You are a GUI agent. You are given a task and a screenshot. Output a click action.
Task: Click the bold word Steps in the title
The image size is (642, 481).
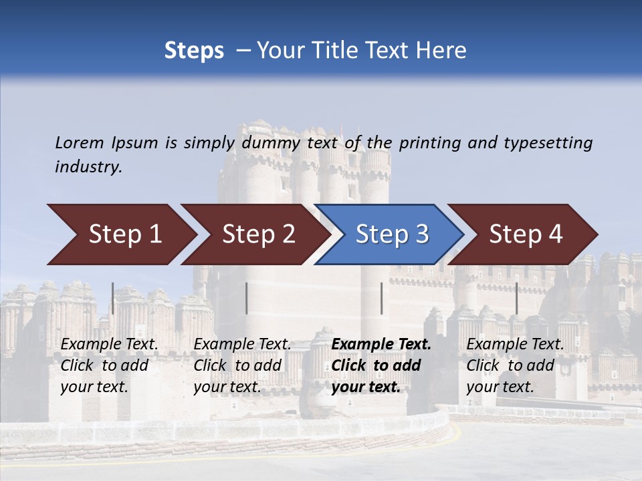[194, 51]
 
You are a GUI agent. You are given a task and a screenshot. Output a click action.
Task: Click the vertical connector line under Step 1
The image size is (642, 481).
[113, 298]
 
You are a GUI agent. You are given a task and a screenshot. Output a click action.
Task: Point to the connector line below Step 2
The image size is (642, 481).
[247, 298]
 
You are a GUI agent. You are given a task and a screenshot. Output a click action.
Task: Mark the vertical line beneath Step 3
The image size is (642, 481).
[381, 298]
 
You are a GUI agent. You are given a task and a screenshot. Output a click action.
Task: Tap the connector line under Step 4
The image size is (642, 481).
[516, 298]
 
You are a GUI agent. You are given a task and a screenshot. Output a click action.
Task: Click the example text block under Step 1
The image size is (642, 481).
[109, 365]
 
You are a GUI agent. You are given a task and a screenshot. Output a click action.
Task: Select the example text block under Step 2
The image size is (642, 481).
[242, 365]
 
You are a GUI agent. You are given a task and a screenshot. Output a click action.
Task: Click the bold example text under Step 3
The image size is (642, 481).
[381, 365]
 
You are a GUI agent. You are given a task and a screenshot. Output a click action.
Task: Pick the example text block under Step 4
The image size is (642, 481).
[515, 365]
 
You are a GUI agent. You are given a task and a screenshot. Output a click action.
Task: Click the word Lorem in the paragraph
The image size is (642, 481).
[79, 143]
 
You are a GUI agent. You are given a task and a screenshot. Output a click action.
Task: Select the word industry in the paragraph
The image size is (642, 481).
[88, 167]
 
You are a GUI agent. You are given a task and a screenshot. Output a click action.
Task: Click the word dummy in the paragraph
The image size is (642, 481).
[271, 143]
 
